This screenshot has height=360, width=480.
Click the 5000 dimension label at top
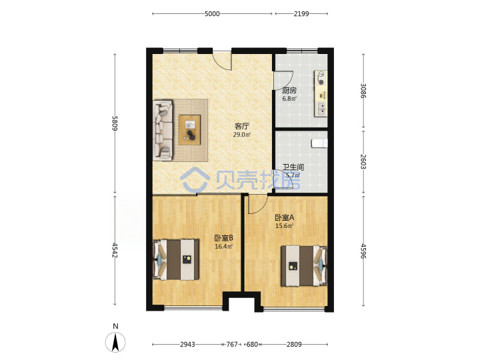click(212, 14)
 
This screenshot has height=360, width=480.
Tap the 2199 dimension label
click(301, 14)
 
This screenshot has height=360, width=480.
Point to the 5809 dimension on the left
click(115, 123)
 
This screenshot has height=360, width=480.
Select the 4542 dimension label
click(115, 250)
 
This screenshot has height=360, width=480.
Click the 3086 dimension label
click(363, 91)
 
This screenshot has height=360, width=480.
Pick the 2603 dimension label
click(363, 161)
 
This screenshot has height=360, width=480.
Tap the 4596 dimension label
click(363, 251)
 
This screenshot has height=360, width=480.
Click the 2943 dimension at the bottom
click(187, 345)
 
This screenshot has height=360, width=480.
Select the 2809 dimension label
click(294, 345)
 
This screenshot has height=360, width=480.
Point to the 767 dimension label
click(232, 345)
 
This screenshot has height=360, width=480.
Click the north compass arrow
click(115, 342)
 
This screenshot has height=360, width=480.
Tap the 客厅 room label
click(242, 126)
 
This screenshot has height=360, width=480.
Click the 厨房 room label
click(289, 91)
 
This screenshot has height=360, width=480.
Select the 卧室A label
click(285, 217)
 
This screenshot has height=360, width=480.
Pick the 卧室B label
click(224, 238)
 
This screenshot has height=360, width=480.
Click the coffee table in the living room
click(190, 130)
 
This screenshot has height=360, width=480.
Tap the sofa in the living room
click(163, 130)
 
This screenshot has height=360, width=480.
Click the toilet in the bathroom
click(319, 143)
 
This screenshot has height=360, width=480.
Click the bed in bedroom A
click(304, 265)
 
